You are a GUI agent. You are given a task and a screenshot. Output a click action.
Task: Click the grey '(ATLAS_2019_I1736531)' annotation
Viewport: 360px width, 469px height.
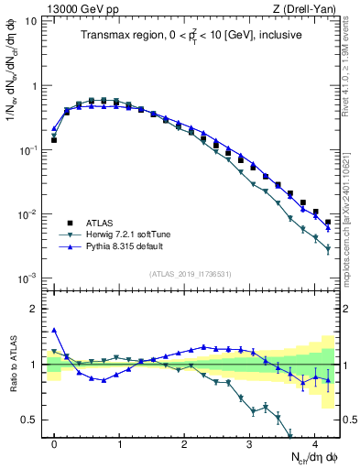[x=190, y=273]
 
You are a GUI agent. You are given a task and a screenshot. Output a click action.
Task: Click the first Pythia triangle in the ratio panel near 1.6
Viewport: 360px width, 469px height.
[x=54, y=331]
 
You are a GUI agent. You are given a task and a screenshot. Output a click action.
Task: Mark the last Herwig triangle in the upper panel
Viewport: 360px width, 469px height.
[x=327, y=248]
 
